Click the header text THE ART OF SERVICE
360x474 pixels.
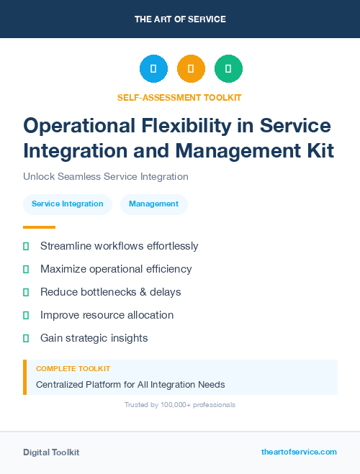pyautogui.click(x=180, y=19)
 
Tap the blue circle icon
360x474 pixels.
pyautogui.click(x=153, y=69)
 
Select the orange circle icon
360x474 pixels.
pyautogui.click(x=191, y=69)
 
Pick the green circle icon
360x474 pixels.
pyautogui.click(x=228, y=69)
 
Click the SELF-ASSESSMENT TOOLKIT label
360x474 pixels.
pyautogui.click(x=180, y=97)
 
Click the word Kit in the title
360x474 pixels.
pyautogui.click(x=317, y=151)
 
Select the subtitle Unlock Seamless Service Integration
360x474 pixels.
pyautogui.click(x=105, y=176)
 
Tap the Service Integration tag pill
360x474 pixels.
pyautogui.click(x=68, y=204)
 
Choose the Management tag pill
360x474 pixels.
pyautogui.click(x=153, y=204)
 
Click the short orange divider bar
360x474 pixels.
pyautogui.click(x=35, y=227)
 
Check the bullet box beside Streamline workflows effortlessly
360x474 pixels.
pyautogui.click(x=26, y=246)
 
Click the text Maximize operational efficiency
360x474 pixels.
pyautogui.click(x=116, y=269)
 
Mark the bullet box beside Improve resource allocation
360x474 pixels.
pyautogui.click(x=26, y=315)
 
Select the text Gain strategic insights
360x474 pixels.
pyautogui.click(x=94, y=338)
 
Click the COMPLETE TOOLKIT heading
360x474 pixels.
pyautogui.click(x=73, y=369)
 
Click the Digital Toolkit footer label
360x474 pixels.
pyautogui.click(x=51, y=452)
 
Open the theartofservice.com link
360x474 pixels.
pyautogui.click(x=299, y=452)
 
